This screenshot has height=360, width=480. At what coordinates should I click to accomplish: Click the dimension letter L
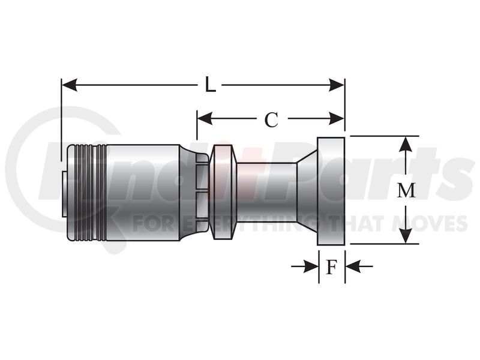point(211,85)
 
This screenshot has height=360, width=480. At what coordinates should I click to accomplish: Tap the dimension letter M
point(406,190)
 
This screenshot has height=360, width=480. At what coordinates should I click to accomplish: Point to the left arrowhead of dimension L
point(69,85)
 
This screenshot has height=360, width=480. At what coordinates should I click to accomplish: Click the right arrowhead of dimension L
point(337,85)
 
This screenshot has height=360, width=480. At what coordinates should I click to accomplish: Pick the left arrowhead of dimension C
point(205,118)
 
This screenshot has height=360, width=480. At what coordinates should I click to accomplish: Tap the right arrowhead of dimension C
point(337,118)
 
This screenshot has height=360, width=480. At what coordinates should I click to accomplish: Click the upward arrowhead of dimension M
point(406,144)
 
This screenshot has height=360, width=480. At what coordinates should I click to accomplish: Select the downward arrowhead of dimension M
point(406,236)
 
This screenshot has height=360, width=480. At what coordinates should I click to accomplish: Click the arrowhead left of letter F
point(311,266)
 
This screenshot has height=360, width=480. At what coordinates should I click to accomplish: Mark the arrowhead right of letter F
point(353,266)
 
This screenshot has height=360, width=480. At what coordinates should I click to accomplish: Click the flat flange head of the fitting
point(331,191)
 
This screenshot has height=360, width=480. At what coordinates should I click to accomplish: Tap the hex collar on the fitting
point(223,191)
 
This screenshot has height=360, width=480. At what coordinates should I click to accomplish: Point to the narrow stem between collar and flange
point(266,191)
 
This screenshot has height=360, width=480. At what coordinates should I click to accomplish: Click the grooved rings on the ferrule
point(86,192)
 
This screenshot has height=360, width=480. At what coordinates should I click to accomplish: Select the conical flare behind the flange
point(307,191)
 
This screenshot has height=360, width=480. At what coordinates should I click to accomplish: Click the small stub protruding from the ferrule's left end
point(64,194)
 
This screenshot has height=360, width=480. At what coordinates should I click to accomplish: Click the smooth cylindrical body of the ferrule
point(143,192)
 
